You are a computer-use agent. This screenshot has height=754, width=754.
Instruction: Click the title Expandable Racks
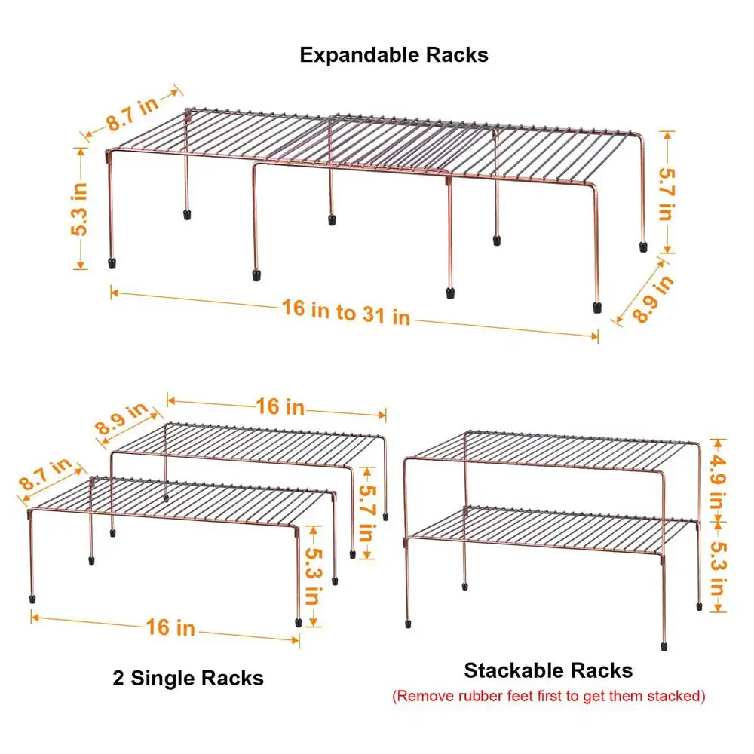tap(394, 55)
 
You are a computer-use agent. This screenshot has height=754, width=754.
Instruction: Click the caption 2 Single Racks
tap(188, 678)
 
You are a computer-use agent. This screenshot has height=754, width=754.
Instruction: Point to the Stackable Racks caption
tap(548, 670)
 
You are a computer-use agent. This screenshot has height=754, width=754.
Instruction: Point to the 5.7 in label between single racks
tap(366, 512)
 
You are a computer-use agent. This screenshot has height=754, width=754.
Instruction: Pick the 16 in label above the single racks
tap(280, 406)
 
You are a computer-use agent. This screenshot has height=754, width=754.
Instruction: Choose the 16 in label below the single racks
tap(170, 627)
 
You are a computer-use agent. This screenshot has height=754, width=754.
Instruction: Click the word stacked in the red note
tap(673, 696)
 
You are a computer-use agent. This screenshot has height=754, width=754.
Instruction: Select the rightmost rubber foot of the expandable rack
tap(643, 247)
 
